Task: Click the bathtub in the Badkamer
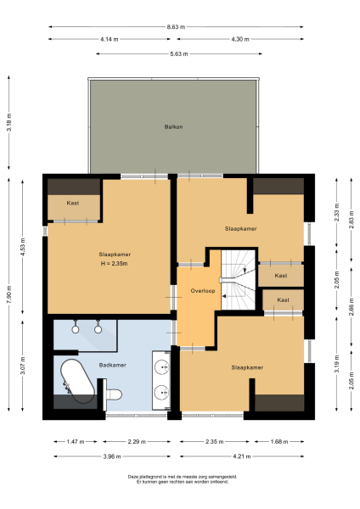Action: [76, 380]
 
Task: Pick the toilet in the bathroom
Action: [114, 393]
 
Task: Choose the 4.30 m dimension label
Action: [240, 40]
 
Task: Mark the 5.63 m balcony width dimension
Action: [177, 54]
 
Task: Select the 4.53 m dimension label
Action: [24, 248]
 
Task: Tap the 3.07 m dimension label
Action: [24, 366]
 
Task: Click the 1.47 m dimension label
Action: [76, 441]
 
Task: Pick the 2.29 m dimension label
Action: [136, 441]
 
